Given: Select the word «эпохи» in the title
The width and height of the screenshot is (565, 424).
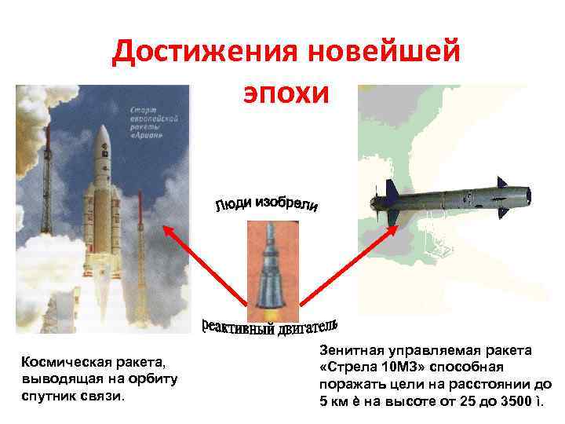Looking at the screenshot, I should coord(285,93).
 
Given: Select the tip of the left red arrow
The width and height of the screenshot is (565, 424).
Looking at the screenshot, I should coord(164,227).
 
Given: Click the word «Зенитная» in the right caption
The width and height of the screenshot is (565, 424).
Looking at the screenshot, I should coord(352,349).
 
